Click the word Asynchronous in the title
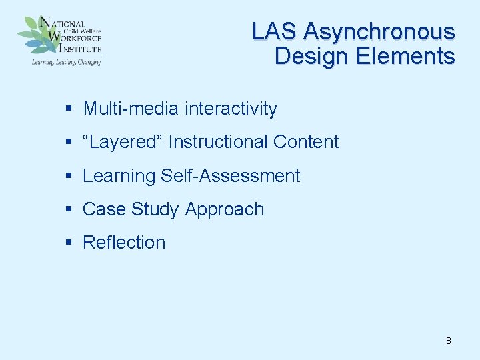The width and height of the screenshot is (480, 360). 379,31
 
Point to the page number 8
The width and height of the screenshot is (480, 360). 448,341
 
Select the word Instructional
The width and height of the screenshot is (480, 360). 218,142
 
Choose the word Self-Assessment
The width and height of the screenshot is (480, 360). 231,176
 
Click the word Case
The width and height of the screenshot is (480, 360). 104,209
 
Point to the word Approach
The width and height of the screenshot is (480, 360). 225,209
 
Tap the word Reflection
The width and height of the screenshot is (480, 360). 124,243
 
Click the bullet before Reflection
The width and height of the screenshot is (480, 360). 69,243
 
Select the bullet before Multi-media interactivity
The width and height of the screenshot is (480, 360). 69,109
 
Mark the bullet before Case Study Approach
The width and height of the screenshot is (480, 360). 69,210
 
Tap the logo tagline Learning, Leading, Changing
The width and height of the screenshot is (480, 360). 66,62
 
